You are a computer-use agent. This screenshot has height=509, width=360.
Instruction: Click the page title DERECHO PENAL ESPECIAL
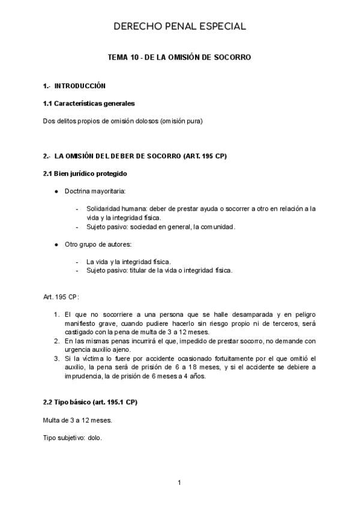(x=179, y=26)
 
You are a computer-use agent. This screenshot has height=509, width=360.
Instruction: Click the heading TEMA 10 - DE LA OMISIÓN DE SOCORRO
(x=179, y=57)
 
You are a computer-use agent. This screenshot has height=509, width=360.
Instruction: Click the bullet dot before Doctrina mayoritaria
(x=56, y=191)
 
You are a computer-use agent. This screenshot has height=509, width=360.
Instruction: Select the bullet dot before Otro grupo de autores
(x=56, y=245)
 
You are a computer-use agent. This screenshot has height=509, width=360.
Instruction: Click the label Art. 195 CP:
(x=61, y=297)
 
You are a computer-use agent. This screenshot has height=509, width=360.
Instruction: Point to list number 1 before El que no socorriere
(x=56, y=315)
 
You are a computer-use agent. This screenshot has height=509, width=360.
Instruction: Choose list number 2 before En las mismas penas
(x=56, y=341)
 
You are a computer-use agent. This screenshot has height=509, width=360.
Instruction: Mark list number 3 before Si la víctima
(x=56, y=359)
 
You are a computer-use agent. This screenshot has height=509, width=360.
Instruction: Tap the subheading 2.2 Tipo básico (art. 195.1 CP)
(x=94, y=402)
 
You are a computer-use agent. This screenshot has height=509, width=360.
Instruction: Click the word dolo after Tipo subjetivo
(x=94, y=438)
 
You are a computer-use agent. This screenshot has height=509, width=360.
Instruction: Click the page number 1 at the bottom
(x=179, y=482)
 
